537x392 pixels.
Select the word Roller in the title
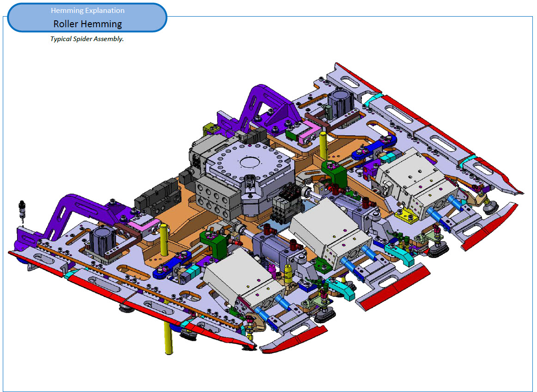tap(66, 24)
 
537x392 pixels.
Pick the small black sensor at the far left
tap(22, 211)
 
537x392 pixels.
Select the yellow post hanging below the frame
tap(168, 337)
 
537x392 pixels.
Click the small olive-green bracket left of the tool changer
tap(211, 130)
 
